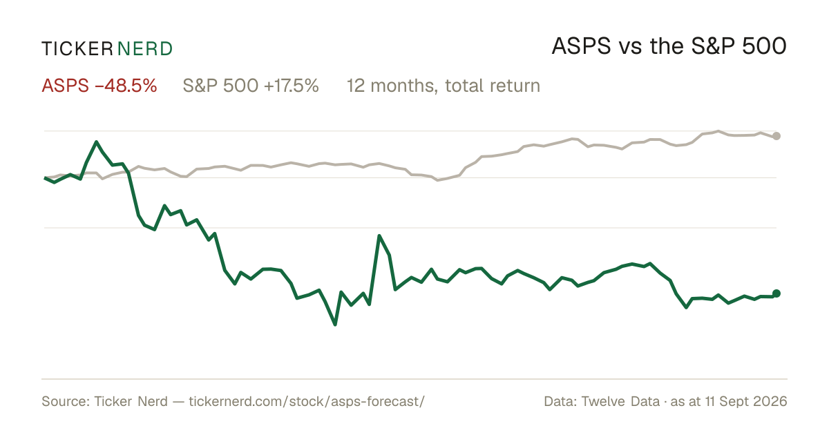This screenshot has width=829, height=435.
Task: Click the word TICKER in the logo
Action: (77, 49)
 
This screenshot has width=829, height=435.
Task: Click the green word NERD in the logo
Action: (144, 49)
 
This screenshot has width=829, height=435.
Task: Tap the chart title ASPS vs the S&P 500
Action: (669, 46)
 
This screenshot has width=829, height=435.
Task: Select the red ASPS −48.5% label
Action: (99, 86)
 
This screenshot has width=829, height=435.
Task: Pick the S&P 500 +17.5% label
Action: (251, 86)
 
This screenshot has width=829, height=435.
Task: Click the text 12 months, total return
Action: (444, 86)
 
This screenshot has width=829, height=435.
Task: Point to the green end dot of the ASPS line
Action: (776, 293)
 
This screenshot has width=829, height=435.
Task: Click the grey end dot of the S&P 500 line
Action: (776, 136)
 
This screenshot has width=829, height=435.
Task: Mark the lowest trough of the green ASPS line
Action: (335, 325)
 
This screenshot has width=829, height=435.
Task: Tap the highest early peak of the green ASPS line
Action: (96, 142)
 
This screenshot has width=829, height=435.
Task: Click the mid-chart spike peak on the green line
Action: (379, 236)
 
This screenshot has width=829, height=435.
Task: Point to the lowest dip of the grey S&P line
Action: (438, 180)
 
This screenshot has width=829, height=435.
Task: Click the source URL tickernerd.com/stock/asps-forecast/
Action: (307, 401)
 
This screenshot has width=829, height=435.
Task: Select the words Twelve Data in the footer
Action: (620, 401)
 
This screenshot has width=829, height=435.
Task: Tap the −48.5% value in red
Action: (126, 86)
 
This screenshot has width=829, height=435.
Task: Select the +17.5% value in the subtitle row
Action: (292, 86)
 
